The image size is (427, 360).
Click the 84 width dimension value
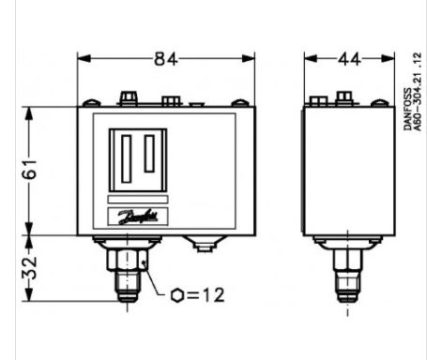(x=165, y=59)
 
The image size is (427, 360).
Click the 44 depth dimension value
(x=349, y=59)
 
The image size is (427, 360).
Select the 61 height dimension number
(x=30, y=169)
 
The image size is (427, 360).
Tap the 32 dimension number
(x=30, y=268)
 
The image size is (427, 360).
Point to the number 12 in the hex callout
(x=214, y=295)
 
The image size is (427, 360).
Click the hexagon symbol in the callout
(x=177, y=295)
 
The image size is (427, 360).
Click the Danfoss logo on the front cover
(x=138, y=217)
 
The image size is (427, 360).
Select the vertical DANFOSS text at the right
(x=407, y=109)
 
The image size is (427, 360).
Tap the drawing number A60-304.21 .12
(x=418, y=92)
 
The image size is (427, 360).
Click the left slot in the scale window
(x=127, y=158)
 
